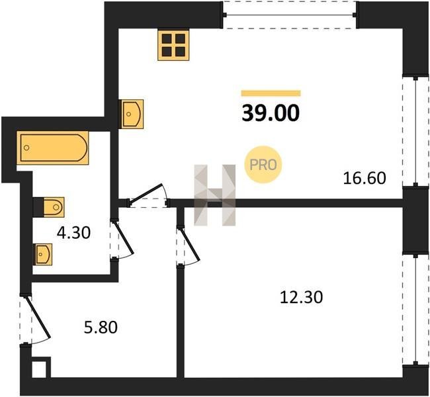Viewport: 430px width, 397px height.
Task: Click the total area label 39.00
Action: coord(271,114)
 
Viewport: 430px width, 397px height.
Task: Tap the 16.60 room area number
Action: coord(365,178)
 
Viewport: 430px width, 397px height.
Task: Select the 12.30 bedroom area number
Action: coord(301,297)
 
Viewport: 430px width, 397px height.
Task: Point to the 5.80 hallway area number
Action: coord(101,328)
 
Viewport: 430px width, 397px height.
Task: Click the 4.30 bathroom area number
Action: coord(73,233)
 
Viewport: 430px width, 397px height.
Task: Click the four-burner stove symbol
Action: coord(173,45)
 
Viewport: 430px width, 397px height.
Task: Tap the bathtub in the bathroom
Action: coord(53,148)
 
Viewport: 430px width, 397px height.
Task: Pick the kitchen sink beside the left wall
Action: coord(131,114)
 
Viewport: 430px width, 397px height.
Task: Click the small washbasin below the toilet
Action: coord(43,254)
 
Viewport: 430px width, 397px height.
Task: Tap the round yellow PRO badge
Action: coord(263,165)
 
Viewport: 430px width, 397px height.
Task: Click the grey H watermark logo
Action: coord(215,195)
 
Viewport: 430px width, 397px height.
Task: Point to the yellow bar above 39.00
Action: coord(271,93)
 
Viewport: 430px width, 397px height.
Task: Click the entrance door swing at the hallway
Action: coord(39,319)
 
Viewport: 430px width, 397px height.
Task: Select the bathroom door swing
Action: coord(123,239)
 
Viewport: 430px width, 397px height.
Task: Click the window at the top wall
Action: coord(289,15)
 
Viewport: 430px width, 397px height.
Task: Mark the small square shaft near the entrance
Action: coord(39,369)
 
